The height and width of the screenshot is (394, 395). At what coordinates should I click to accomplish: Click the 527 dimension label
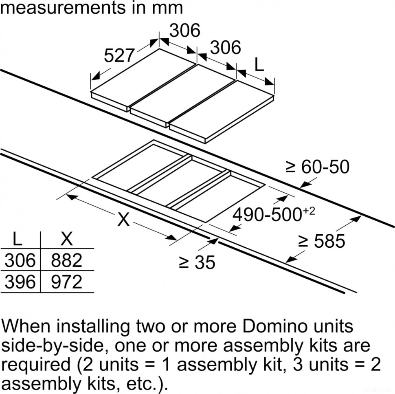click(119, 55)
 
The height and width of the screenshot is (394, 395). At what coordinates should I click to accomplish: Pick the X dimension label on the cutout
click(123, 220)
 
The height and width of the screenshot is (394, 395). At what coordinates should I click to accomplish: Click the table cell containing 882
click(66, 260)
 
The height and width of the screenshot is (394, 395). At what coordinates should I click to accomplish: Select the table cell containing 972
click(66, 282)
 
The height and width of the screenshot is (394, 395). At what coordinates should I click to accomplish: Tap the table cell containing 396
click(20, 282)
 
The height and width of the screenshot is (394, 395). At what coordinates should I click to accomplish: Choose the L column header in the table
click(18, 240)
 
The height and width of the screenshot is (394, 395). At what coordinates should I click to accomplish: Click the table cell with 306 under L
click(20, 260)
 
